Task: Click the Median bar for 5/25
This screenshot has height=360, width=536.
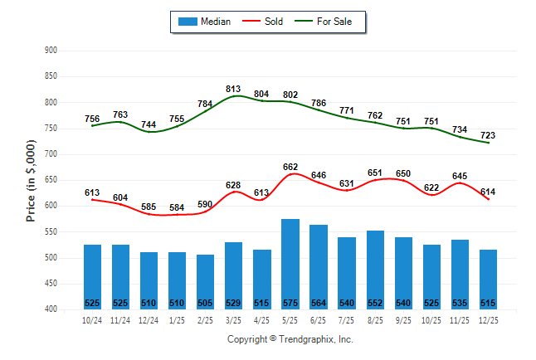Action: (x=290, y=264)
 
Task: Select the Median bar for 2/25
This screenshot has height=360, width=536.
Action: (x=205, y=281)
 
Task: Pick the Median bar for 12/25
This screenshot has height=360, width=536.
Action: (x=488, y=279)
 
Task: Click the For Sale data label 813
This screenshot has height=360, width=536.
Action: (x=233, y=90)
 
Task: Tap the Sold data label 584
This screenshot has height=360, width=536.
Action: (x=177, y=207)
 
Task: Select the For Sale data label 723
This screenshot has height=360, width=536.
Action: (x=488, y=135)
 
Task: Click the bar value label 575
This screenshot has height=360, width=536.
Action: (x=290, y=303)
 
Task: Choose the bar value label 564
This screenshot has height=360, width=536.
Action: (x=318, y=303)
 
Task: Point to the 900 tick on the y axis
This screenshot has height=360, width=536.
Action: (x=51, y=51)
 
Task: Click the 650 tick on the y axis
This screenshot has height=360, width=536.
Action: (x=51, y=180)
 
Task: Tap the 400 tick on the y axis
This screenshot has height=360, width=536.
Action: (x=51, y=309)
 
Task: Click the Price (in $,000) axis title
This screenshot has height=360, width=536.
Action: (x=31, y=180)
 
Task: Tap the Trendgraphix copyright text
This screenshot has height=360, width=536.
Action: (x=290, y=339)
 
